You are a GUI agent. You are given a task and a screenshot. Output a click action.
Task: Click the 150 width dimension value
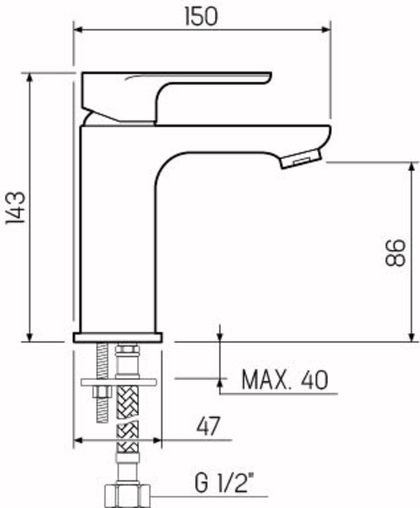tap(201, 17)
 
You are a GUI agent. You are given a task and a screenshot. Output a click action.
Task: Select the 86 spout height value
tap(395, 252)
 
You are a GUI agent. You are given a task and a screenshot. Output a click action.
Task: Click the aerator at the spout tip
tap(301, 158)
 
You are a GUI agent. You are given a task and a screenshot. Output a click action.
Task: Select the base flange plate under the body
tap(118, 338)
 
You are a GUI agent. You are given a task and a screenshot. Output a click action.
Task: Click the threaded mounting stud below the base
tap(102, 360)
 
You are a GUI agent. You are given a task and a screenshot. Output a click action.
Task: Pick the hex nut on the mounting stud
tap(102, 392)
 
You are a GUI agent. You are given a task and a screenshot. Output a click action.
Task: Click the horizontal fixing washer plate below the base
tap(119, 382)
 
